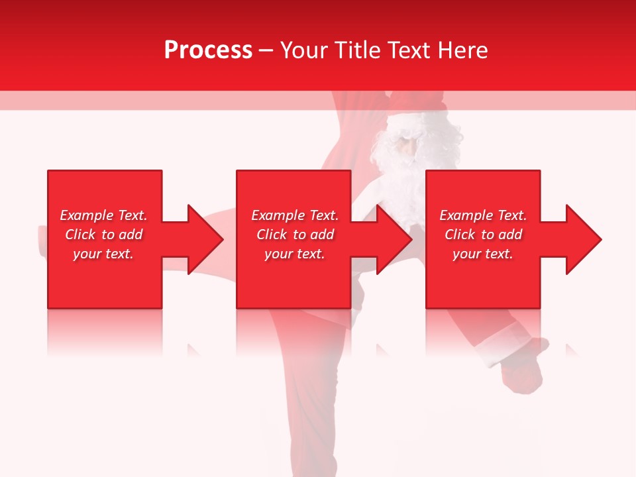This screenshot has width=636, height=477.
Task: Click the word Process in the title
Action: (208, 50)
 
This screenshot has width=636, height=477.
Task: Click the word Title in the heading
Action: (358, 50)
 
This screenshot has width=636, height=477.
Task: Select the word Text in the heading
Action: (409, 50)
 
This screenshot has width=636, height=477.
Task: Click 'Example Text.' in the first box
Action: (103, 215)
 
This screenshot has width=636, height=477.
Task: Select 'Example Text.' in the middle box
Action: (295, 215)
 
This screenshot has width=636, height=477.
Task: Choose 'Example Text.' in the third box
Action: (483, 215)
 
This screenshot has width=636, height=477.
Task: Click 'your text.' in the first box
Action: (103, 254)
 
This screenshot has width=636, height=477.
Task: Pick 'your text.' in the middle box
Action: (295, 254)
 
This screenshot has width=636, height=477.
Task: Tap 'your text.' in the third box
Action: (483, 254)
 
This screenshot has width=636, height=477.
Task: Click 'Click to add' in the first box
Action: (103, 235)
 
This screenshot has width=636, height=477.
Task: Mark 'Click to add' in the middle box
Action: (295, 235)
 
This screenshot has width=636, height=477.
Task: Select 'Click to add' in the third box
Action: (483, 235)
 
